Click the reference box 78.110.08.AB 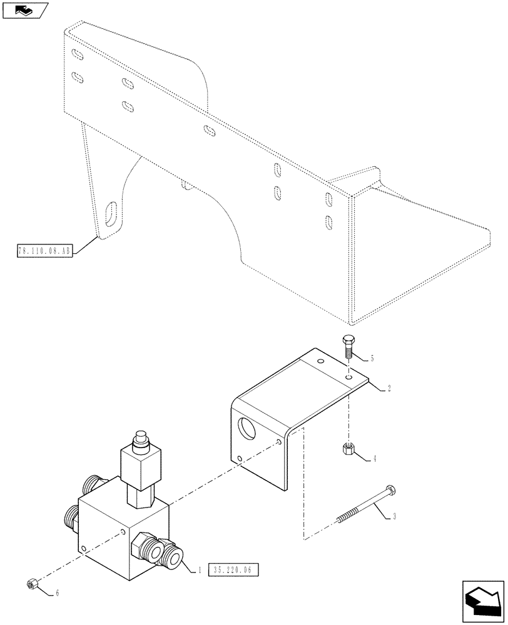pos(45,251)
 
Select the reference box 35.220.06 pos(232,570)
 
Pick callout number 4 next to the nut pos(374,459)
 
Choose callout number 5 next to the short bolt pos(371,358)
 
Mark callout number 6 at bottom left pos(58,592)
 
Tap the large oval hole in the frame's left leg pos(111,215)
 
